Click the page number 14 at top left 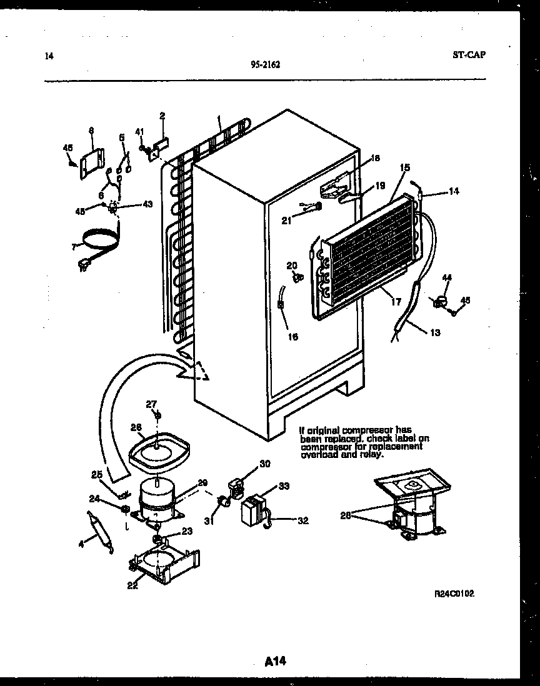(49, 56)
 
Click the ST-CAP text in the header (468, 54)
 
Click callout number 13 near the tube (434, 333)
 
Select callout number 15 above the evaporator (404, 167)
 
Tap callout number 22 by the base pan (132, 585)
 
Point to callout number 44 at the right (447, 277)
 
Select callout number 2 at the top (162, 116)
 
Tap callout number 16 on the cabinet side (292, 337)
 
